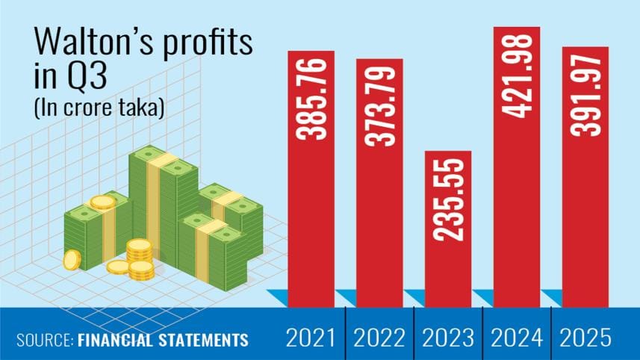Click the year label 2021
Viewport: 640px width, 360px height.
click(311, 338)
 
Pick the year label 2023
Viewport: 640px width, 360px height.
click(448, 338)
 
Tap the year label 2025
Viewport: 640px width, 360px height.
click(585, 338)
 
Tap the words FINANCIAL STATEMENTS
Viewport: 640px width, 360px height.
click(162, 340)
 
